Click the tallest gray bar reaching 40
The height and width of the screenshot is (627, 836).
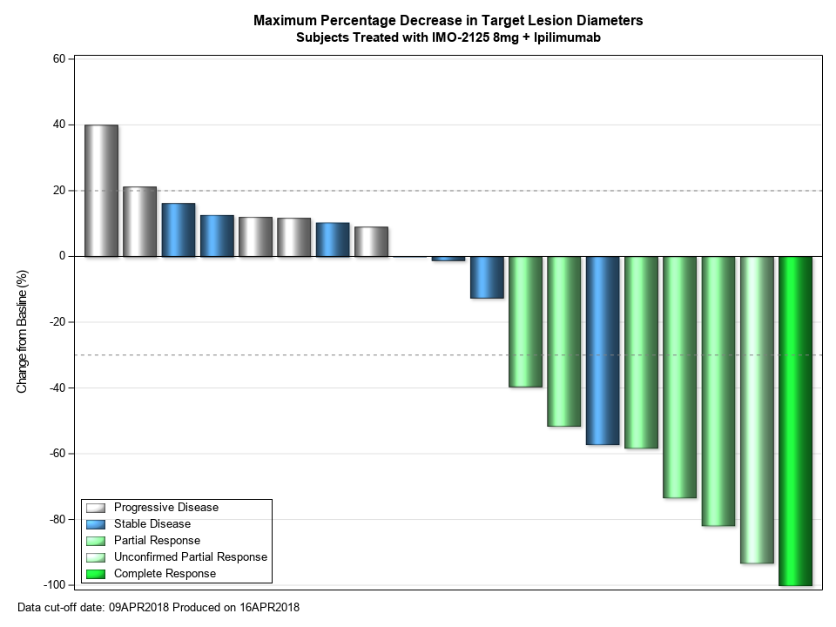pyautogui.click(x=101, y=191)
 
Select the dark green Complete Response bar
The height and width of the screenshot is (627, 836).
pyautogui.click(x=795, y=421)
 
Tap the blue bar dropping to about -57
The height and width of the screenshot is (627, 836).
pyautogui.click(x=603, y=350)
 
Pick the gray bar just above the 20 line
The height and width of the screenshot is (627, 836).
pyautogui.click(x=139, y=221)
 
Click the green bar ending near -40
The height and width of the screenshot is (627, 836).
pyautogui.click(x=526, y=321)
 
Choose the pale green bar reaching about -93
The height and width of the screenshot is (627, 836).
pyautogui.click(x=757, y=409)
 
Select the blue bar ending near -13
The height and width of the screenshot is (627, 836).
pyautogui.click(x=487, y=277)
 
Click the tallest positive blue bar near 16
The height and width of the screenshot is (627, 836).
pyautogui.click(x=178, y=230)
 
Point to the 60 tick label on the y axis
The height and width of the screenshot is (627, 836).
pyautogui.click(x=59, y=59)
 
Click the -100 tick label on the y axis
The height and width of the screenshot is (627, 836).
pyautogui.click(x=55, y=584)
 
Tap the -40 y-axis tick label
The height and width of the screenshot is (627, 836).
pyautogui.click(x=57, y=388)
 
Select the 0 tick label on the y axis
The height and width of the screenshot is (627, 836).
pyautogui.click(x=63, y=256)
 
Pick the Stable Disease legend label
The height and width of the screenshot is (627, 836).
pyautogui.click(x=152, y=524)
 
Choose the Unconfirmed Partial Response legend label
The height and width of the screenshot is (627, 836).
pyautogui.click(x=191, y=557)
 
